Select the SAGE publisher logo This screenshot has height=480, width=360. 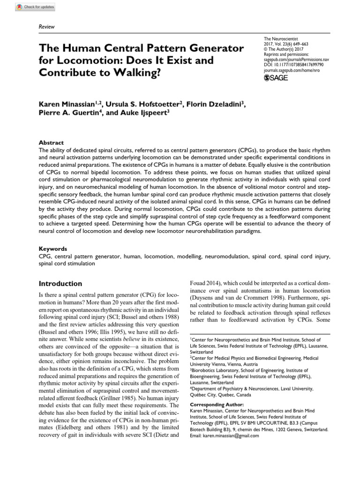(x=277, y=78)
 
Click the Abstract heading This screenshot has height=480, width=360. (x=52, y=142)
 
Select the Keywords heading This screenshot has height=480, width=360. (x=53, y=249)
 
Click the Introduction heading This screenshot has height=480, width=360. (x=60, y=284)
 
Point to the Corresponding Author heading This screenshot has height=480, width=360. (x=217, y=404)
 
